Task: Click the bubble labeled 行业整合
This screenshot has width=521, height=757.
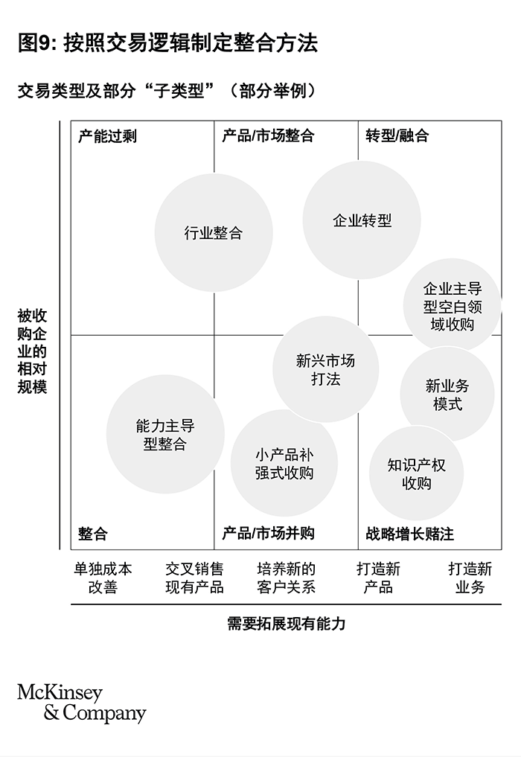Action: point(214,233)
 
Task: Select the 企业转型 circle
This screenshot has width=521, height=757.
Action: point(362,220)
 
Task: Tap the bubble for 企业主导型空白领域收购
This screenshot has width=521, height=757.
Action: point(452,306)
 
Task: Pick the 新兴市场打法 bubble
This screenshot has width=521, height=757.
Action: point(325,369)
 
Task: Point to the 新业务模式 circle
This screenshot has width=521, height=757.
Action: point(447,395)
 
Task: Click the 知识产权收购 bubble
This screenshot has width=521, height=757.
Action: point(416,473)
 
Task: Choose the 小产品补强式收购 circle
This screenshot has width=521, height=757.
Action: point(284,464)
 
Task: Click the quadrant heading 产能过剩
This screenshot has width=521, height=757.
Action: point(107,136)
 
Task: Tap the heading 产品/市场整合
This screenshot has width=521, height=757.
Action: point(268,135)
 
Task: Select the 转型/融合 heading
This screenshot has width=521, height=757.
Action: point(397,135)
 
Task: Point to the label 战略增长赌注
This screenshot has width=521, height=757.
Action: point(409,534)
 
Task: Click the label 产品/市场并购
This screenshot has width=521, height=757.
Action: point(268,533)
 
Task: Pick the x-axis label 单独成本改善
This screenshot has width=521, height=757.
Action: point(103,578)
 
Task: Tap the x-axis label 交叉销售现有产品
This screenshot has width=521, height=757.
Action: point(194,578)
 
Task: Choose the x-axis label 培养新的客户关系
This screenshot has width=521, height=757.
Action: point(286,578)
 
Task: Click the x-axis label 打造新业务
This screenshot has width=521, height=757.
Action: point(470,578)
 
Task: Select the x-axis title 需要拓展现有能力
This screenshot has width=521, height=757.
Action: point(287,624)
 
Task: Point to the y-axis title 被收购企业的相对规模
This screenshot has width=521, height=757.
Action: point(32,351)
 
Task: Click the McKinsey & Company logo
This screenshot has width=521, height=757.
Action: point(82,703)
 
